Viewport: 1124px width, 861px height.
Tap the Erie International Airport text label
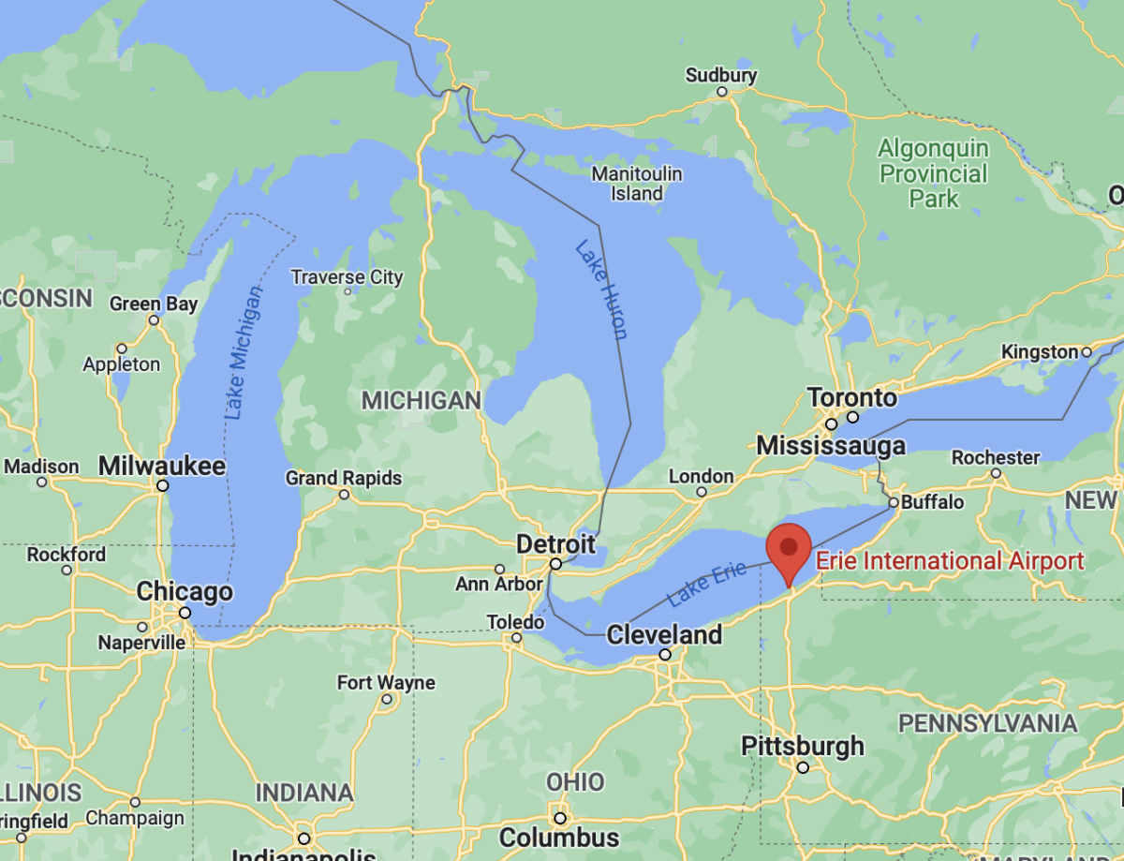(x=950, y=561)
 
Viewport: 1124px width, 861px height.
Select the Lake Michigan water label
(x=243, y=350)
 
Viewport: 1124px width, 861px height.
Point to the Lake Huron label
(x=601, y=289)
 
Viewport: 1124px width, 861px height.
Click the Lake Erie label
(x=706, y=582)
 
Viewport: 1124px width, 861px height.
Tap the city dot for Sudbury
(x=722, y=92)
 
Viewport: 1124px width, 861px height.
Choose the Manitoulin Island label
(x=637, y=184)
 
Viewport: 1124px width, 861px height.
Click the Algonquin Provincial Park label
(x=934, y=173)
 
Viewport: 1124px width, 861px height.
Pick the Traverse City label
(x=347, y=277)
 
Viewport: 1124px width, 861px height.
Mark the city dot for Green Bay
(x=155, y=320)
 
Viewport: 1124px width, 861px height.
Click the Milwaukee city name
(x=162, y=466)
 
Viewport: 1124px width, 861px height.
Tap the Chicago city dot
(x=185, y=613)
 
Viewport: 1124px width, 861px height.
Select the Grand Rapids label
(x=344, y=478)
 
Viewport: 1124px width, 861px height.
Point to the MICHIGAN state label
(x=421, y=400)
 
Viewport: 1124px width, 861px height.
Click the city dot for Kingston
(x=1087, y=352)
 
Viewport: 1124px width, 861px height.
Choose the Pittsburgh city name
(x=803, y=747)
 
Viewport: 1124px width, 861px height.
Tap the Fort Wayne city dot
(x=386, y=700)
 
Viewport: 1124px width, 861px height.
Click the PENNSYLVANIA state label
(x=988, y=723)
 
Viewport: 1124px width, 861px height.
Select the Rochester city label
(x=996, y=457)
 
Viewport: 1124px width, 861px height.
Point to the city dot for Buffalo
(x=894, y=503)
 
